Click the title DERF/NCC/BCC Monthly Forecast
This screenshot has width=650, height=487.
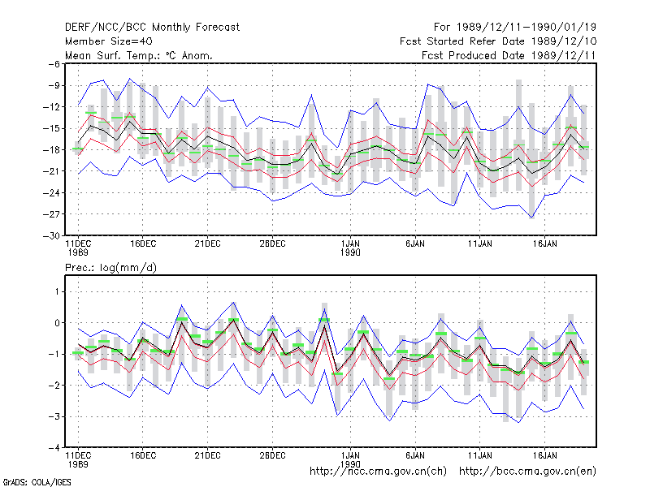[152, 28]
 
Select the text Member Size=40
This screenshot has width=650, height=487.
[109, 41]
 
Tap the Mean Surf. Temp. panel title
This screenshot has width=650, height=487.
[139, 55]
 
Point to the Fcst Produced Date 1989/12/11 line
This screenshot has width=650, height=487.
[509, 55]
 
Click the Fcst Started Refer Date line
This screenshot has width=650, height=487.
[498, 41]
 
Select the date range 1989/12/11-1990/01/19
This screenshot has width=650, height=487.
[526, 28]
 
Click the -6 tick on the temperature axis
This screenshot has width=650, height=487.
[54, 64]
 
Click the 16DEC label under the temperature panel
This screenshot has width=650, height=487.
[143, 243]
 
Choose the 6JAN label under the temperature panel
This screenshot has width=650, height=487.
[415, 243]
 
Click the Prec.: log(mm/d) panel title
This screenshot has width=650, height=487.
[110, 268]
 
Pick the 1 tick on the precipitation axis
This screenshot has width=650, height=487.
[57, 292]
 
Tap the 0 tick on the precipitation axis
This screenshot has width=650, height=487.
[57, 323]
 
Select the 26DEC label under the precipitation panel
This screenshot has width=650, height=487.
[272, 455]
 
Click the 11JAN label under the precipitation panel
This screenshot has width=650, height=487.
[480, 455]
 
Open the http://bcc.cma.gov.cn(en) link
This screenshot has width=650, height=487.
[527, 472]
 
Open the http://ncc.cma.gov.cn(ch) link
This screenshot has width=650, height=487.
[378, 472]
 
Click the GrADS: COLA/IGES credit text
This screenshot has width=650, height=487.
[37, 482]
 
